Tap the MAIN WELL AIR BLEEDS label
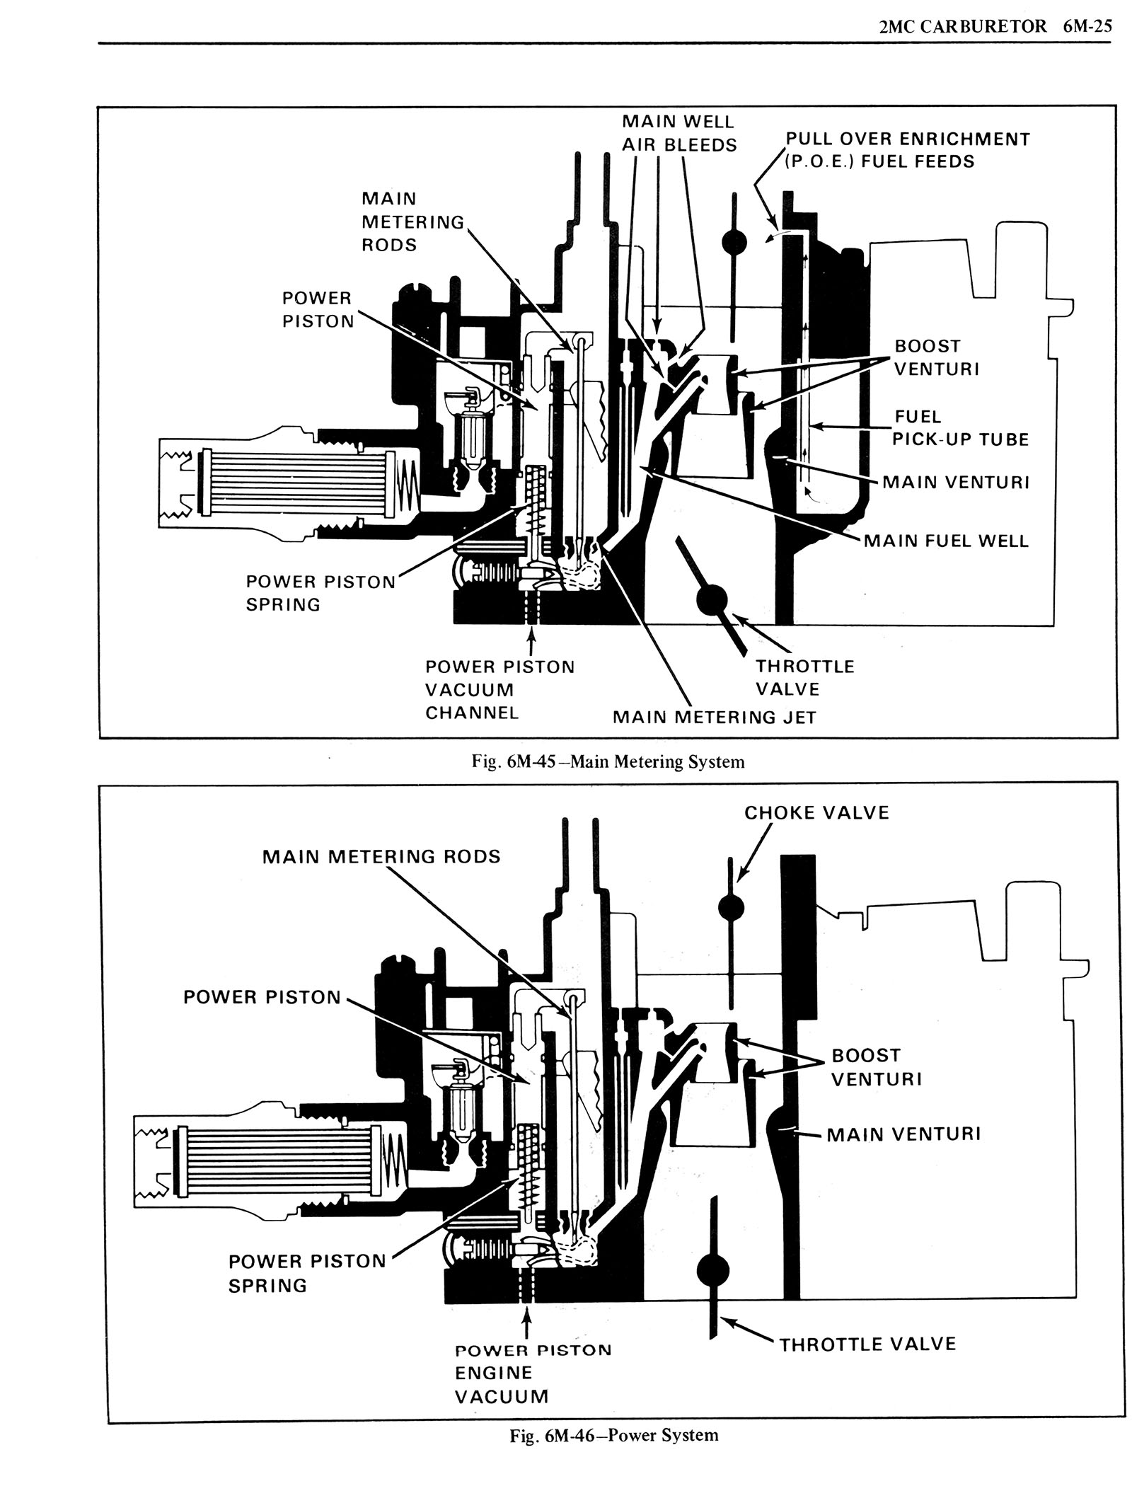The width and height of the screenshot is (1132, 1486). [678, 134]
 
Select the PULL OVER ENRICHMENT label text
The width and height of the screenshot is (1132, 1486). [908, 139]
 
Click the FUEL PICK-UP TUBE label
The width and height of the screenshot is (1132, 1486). [959, 427]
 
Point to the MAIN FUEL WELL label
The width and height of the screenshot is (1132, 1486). [946, 541]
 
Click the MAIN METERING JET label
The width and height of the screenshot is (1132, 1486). [714, 717]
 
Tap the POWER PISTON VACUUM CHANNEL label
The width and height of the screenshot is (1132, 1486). [499, 689]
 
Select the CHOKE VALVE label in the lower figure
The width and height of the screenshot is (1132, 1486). [816, 812]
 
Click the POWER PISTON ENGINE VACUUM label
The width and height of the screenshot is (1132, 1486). [532, 1372]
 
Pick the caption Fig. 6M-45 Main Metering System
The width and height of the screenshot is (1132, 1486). [608, 761]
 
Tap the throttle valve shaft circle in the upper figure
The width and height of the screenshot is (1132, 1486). [711, 599]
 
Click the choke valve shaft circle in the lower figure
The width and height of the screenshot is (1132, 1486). [732, 906]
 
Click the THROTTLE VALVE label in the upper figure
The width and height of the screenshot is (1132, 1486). [804, 677]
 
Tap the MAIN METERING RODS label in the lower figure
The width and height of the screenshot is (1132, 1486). [381, 856]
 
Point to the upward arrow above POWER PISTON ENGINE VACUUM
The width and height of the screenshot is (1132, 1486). [526, 1323]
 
